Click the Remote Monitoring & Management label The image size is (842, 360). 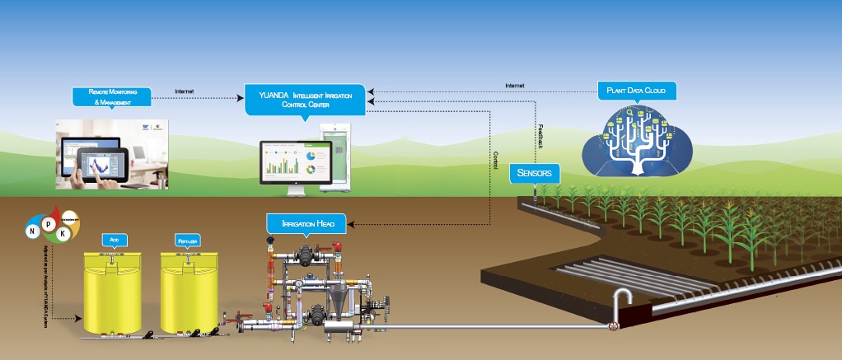112,96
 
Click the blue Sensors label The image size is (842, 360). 536,173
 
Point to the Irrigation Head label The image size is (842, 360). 306,222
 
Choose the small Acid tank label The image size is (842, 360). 114,240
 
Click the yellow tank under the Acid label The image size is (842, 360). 115,292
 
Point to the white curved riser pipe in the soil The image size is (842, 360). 619,301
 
